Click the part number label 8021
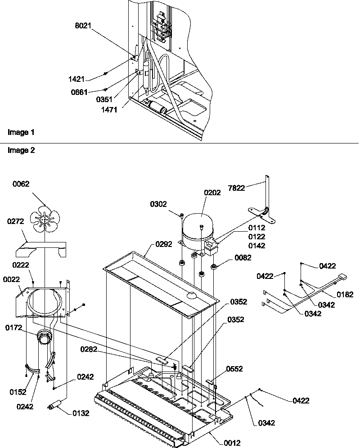tap(83, 26)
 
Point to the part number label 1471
tap(109, 109)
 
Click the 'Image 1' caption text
tap(21, 133)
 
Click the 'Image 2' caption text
tap(21, 151)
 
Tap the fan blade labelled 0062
tap(45, 219)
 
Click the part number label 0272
tap(16, 221)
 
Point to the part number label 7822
tap(237, 188)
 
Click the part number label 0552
tap(235, 369)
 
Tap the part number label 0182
tap(345, 295)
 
